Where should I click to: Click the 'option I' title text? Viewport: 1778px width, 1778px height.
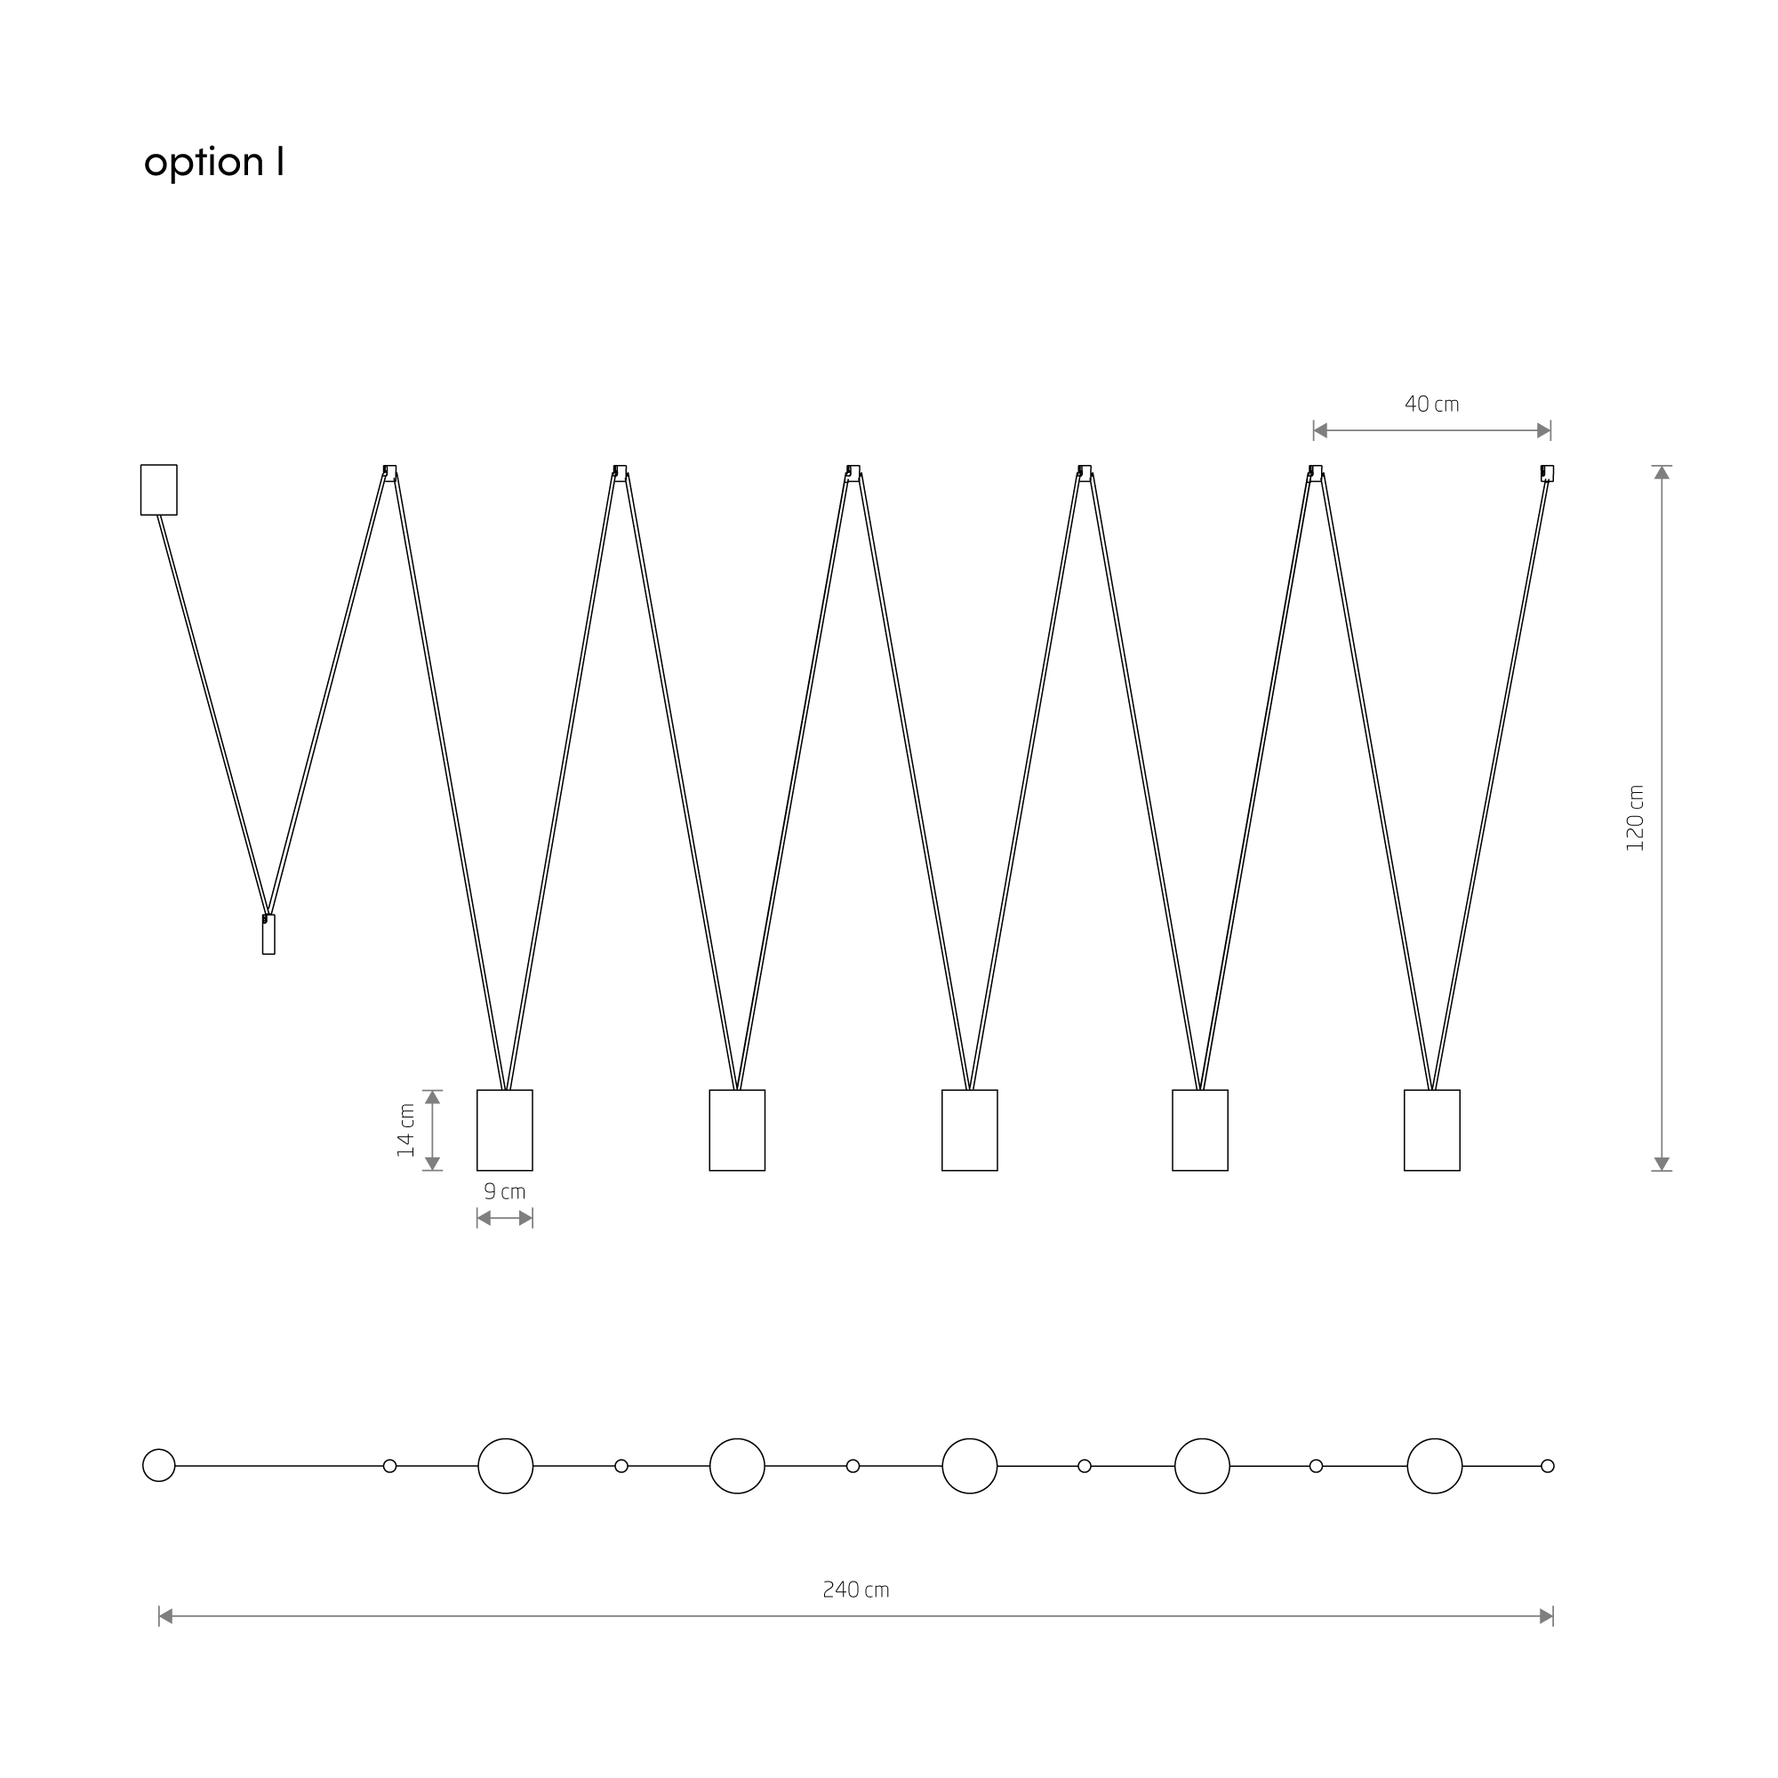(213, 163)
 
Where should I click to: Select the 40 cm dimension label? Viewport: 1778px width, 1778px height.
(1431, 404)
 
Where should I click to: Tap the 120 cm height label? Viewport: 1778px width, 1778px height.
(1635, 817)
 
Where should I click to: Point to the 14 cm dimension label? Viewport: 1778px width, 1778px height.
(406, 1130)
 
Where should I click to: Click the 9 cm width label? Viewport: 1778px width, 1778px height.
(504, 1192)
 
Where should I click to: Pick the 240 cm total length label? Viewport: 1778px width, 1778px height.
(856, 1590)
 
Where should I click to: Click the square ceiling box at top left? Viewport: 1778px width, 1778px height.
(158, 490)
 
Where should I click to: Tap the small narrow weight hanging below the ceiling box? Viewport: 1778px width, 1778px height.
(268, 934)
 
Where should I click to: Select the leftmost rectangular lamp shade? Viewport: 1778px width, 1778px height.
(504, 1130)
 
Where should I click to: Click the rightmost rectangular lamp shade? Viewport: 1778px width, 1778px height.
(1431, 1130)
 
